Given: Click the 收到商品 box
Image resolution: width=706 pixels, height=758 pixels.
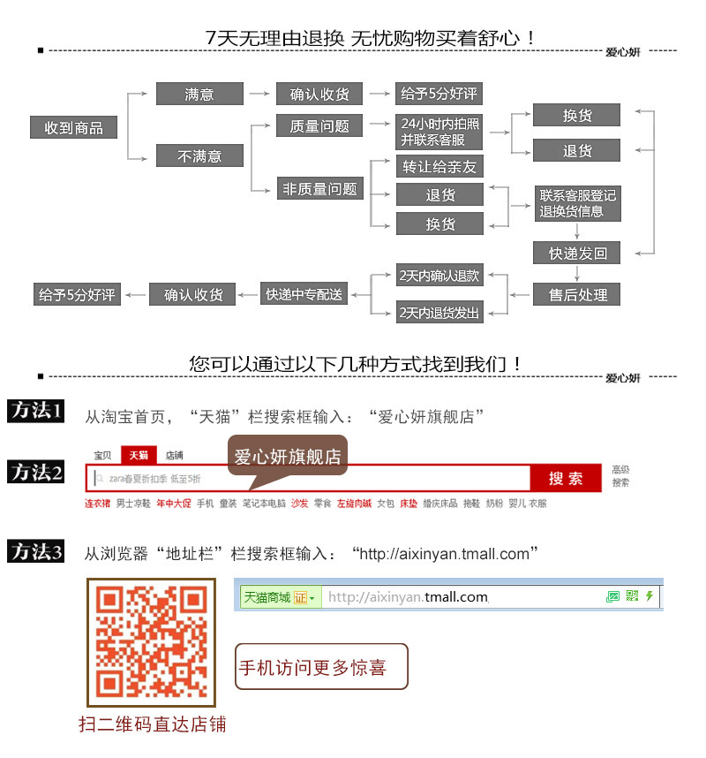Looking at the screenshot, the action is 74,127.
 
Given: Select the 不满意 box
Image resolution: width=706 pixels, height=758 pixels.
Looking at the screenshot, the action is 199,155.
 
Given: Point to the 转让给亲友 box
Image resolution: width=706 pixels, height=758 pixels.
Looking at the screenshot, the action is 439,166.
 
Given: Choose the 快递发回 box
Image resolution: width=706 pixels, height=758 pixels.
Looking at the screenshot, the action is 577,254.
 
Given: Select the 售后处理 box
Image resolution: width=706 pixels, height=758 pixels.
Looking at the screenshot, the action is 577,294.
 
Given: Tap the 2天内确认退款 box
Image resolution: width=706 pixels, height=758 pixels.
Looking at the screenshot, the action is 439,276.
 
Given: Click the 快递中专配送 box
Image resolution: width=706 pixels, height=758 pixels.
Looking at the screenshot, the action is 304,294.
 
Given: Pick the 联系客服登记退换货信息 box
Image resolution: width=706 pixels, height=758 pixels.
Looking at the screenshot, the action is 577,203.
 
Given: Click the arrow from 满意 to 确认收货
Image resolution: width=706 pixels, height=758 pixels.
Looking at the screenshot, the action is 258,94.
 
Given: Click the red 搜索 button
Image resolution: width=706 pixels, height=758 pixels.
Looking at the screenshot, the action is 566,478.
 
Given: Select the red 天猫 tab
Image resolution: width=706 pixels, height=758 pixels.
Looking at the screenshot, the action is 139,455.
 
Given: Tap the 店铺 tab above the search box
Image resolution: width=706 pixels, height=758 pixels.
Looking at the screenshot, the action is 175,455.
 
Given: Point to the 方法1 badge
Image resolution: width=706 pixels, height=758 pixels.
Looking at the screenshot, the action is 36,411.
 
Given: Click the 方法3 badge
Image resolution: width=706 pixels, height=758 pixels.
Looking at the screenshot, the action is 36,552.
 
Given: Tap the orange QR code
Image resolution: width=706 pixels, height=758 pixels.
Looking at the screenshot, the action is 151,642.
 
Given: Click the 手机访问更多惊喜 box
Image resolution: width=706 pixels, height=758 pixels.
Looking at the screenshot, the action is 322,666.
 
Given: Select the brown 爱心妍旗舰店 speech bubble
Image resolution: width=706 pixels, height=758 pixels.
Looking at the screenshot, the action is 288,457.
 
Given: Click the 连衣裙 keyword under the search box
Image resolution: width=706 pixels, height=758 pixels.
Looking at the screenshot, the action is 97,504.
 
